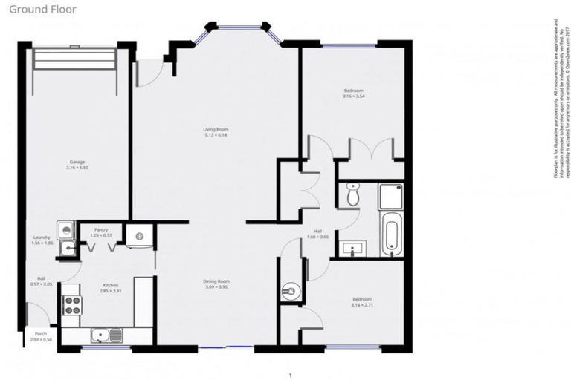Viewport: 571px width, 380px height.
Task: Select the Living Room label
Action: pos(215,133)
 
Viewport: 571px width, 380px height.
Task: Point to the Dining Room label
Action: pos(216,284)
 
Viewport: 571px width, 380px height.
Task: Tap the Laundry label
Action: pos(42,240)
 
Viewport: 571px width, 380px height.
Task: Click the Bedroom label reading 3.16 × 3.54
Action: pos(353,94)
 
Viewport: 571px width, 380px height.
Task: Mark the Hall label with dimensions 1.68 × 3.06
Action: pos(317,235)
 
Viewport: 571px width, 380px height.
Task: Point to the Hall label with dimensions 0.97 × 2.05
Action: pos(42,282)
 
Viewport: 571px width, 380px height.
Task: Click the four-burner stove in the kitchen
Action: pos(74,304)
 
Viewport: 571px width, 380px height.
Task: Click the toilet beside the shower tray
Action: pos(353,195)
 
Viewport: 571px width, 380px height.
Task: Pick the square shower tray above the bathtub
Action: pos(391,196)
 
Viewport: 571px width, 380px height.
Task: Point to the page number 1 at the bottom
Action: pos(290,376)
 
